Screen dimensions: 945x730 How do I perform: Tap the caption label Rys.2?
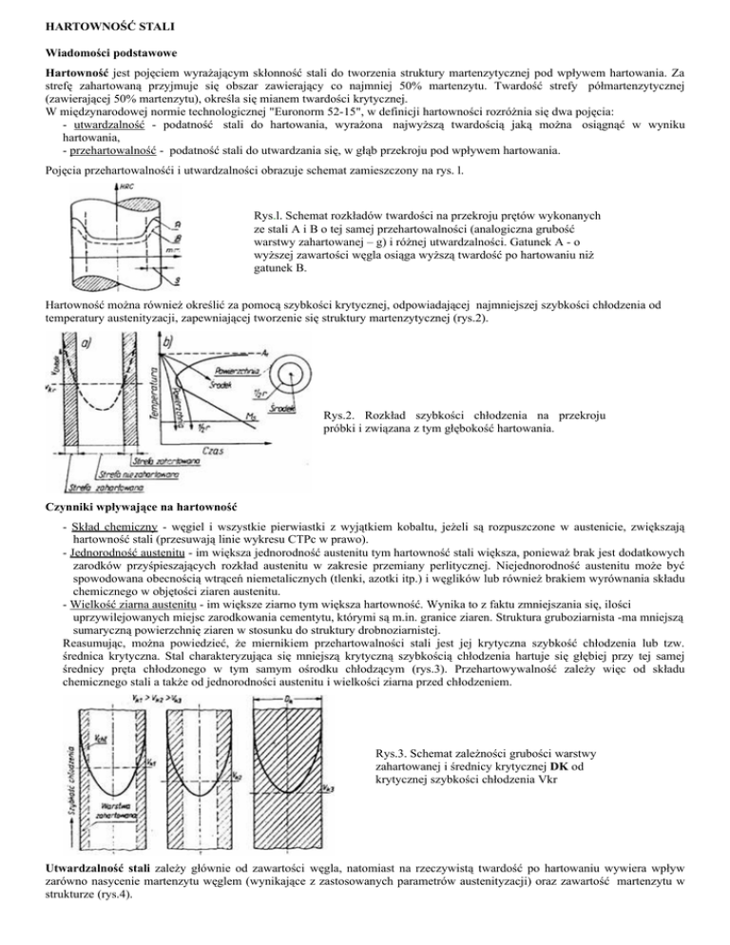click(341, 389)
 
